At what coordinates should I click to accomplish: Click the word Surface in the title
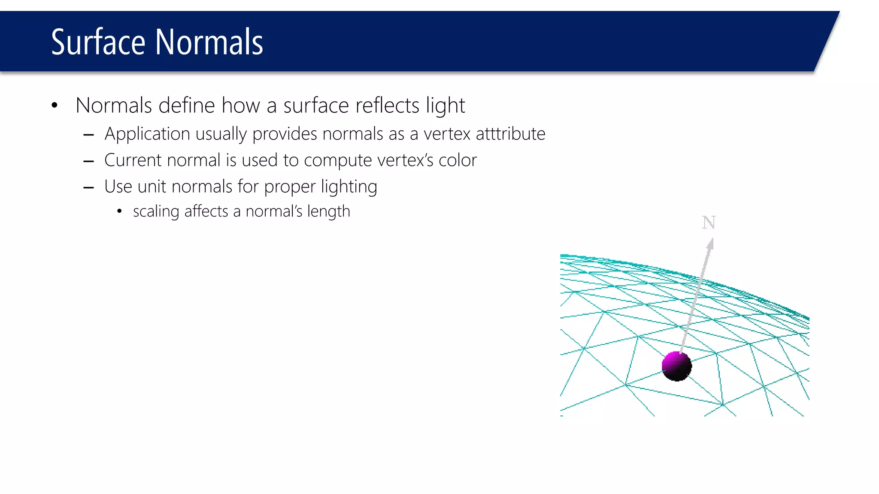point(98,42)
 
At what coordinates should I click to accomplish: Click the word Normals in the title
point(209,42)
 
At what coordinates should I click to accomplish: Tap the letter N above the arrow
point(709,223)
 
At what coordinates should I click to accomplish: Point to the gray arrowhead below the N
point(710,245)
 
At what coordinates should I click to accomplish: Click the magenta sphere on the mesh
point(676,366)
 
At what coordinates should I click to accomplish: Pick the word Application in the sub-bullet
point(147,134)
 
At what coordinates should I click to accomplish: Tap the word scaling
point(156,212)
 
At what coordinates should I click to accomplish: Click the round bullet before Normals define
point(54,105)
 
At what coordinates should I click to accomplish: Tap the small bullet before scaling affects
point(119,211)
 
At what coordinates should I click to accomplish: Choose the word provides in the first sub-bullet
point(285,134)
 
